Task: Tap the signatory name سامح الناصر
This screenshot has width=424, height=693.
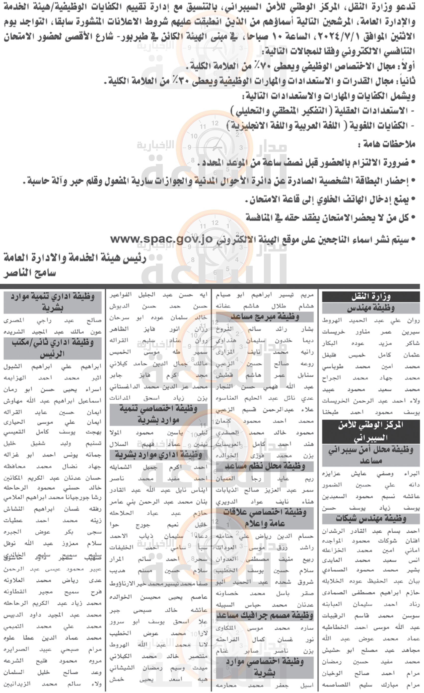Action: (30, 273)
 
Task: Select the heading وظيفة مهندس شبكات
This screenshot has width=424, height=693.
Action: (371, 518)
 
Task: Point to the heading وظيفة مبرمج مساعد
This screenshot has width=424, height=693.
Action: (265, 317)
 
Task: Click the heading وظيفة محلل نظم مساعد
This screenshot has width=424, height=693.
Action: (265, 466)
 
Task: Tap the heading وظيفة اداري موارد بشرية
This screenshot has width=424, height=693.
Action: (158, 454)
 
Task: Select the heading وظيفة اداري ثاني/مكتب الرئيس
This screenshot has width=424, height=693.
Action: (52, 348)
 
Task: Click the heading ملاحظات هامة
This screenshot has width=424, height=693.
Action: (386, 144)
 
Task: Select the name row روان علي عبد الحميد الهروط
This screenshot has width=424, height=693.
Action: (371, 320)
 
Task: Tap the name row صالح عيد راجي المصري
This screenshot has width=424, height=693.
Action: (52, 320)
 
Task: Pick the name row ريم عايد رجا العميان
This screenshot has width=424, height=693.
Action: (265, 478)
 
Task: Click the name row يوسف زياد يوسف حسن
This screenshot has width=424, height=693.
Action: (371, 508)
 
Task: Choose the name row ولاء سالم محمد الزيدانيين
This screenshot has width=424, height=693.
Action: (52, 684)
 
